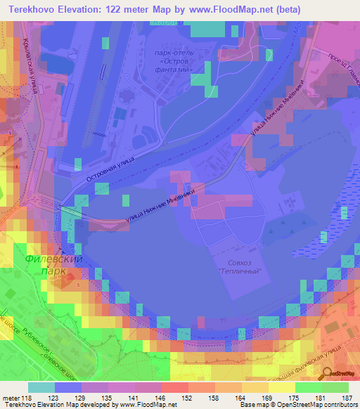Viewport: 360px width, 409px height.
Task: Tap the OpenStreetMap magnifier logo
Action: click(x=326, y=373)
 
